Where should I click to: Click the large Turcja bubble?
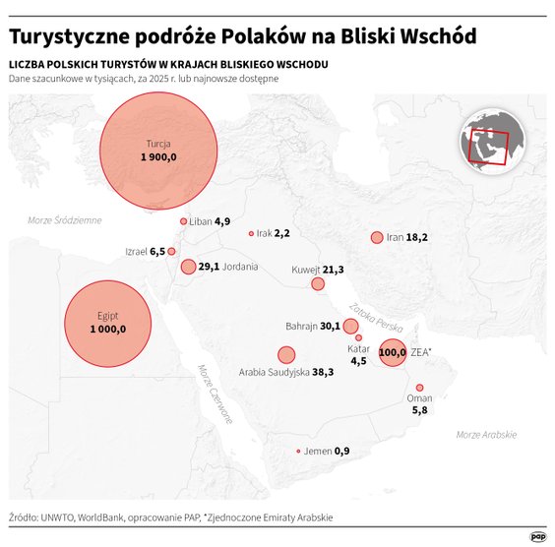159,151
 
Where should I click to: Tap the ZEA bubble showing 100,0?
392,351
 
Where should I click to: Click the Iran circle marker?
376,237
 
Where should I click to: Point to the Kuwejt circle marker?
318,284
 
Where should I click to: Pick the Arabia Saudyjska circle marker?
286,355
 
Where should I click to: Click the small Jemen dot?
298,452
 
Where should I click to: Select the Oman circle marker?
419,388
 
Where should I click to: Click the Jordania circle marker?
188,267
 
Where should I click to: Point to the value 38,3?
323,373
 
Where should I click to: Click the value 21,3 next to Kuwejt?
334,270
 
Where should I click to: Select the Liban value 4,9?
222,221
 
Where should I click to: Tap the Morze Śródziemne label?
65,220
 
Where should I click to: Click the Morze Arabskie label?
486,434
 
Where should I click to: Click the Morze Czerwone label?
215,394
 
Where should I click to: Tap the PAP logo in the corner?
537,536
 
